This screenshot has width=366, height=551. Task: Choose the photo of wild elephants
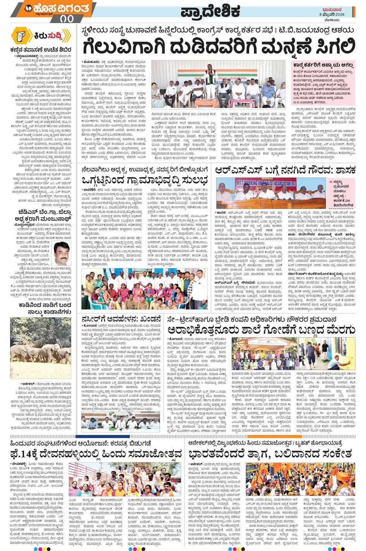pyautogui.click(x=41, y=348)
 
